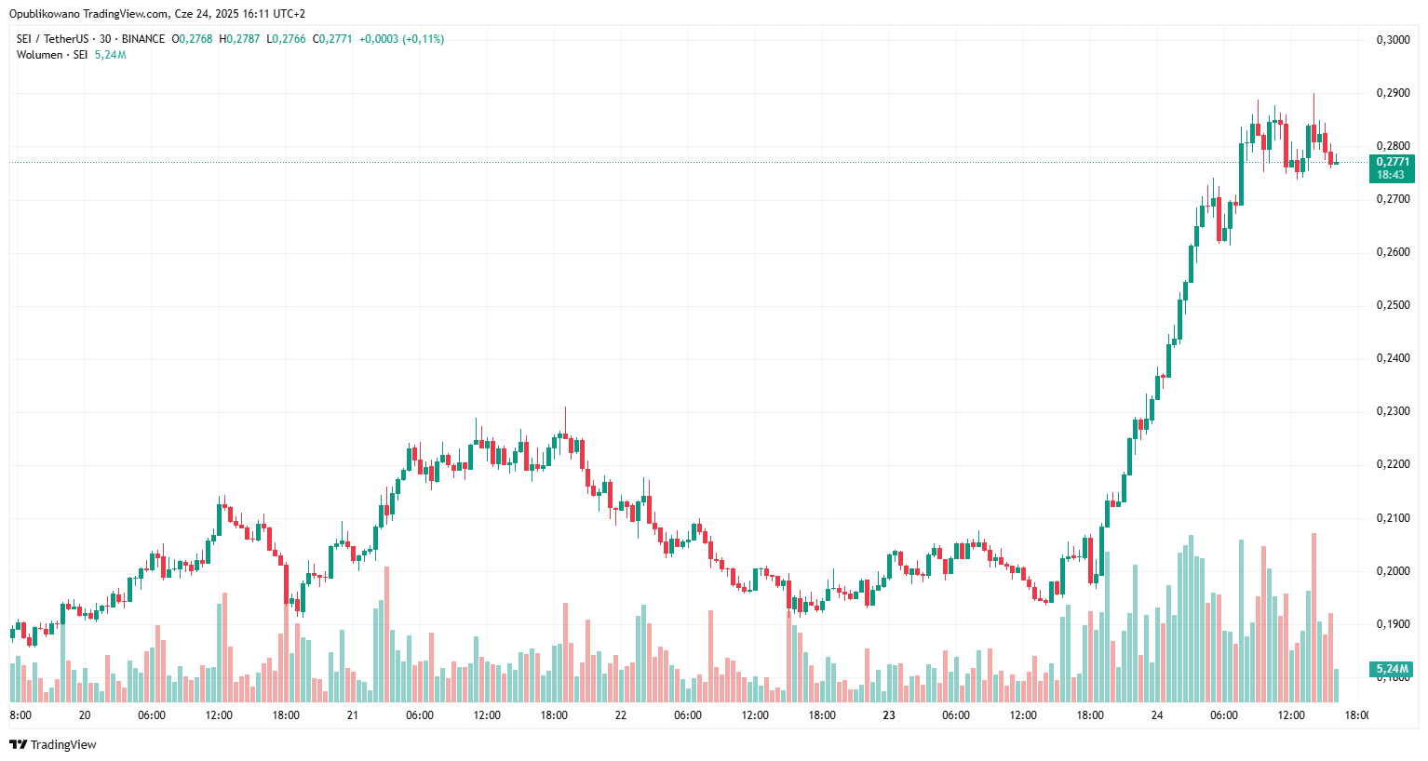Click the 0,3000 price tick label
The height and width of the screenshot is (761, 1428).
coord(1393,40)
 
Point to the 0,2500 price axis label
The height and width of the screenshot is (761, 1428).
coord(1393,305)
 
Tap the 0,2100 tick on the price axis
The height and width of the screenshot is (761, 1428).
coord(1393,518)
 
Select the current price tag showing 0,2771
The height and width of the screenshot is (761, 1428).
coord(1393,162)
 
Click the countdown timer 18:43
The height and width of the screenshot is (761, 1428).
coord(1391,175)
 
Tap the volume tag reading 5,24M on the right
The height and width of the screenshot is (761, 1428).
coord(1392,669)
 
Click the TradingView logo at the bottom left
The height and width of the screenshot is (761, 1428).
coord(53,744)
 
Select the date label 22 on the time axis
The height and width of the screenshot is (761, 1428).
coord(621,715)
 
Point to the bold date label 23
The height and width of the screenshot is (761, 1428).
coord(889,715)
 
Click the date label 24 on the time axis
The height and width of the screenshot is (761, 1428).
coord(1157,715)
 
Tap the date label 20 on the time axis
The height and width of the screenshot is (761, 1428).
coord(85,715)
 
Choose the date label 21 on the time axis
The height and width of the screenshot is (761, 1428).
coord(353,715)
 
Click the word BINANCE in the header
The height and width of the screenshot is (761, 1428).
coord(143,39)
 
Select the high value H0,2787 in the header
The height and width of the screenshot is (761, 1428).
coord(239,39)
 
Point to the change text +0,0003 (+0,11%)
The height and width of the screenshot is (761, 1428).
coord(401,39)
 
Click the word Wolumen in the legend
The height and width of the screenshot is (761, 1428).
coord(39,55)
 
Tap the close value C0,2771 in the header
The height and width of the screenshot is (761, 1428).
coord(332,39)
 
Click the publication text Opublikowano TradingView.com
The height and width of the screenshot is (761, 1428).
coord(89,14)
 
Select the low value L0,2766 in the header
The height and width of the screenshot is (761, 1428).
coord(286,39)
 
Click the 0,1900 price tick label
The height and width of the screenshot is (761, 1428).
coord(1393,624)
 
